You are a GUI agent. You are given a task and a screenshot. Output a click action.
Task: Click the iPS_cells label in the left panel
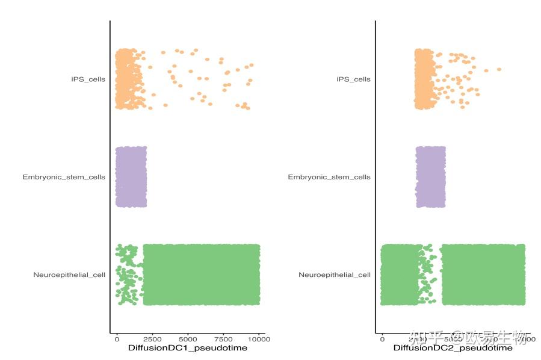88,79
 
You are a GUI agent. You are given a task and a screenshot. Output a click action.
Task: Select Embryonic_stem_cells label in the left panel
64,177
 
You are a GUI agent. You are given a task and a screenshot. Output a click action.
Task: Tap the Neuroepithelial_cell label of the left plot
69,275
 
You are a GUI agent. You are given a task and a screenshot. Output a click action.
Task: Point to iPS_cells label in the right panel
353,79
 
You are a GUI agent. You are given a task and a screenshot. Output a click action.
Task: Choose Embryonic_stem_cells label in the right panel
329,177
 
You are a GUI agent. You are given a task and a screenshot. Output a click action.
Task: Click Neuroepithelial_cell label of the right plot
335,275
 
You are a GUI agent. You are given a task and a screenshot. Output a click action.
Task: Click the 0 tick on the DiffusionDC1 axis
117,339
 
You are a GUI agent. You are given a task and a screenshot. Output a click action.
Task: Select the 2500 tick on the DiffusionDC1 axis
152,339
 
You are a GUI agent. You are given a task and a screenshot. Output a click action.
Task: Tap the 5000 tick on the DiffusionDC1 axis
188,339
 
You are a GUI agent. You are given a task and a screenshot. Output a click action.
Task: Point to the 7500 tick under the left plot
223,339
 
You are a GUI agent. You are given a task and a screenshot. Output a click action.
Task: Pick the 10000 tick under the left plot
259,339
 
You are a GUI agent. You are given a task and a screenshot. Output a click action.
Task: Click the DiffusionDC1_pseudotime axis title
188,348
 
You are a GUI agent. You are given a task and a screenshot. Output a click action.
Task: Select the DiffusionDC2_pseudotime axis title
453,348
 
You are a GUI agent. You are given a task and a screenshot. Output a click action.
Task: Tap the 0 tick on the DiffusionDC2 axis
382,339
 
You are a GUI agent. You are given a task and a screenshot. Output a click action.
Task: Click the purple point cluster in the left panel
131,177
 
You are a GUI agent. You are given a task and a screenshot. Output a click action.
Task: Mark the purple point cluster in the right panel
430,177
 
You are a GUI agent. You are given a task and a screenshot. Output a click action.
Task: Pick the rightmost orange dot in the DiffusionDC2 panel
499,69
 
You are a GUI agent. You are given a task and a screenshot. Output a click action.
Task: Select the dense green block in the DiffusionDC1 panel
201,275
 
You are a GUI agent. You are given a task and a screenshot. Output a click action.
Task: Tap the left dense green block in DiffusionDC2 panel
399,275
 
